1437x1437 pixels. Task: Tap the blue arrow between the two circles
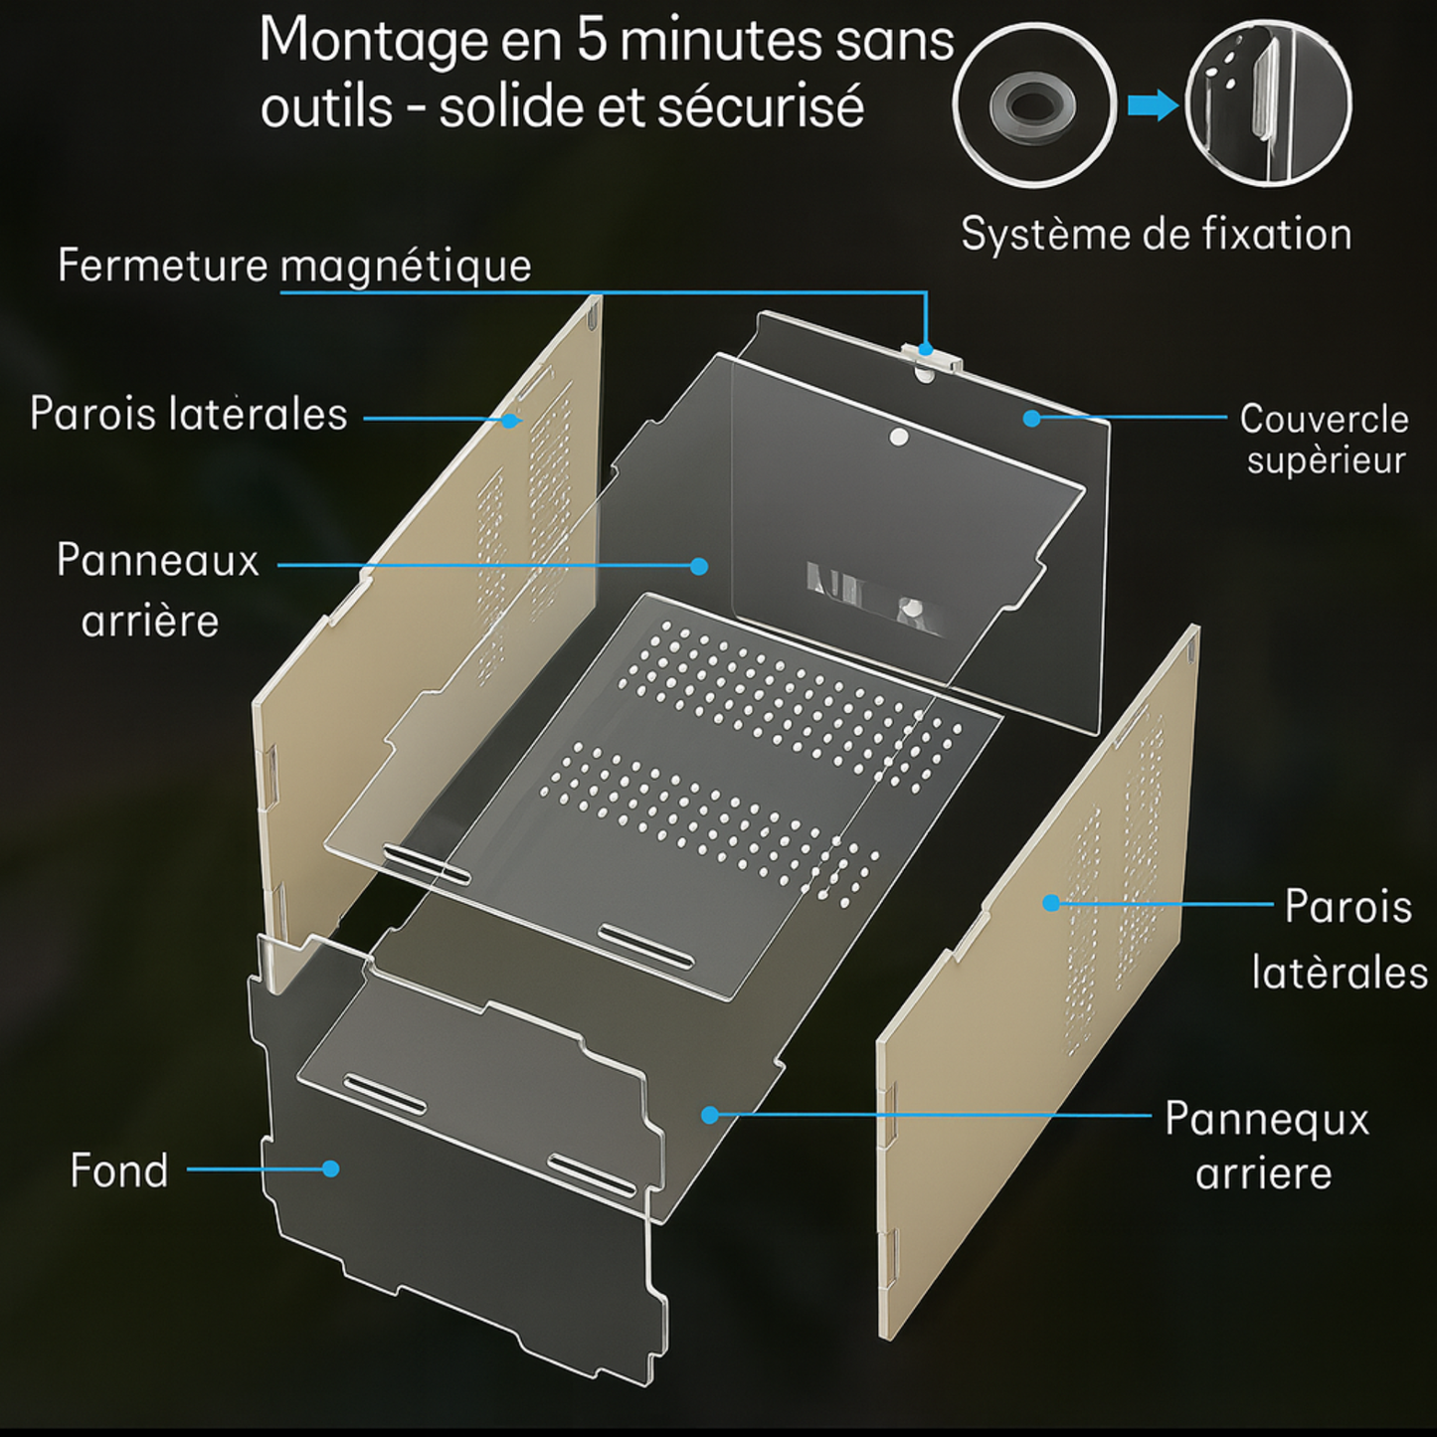click(x=1153, y=105)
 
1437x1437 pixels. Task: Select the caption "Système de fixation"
click(x=1156, y=234)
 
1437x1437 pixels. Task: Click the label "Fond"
click(x=119, y=1170)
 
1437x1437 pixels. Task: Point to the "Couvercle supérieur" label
click(x=1325, y=439)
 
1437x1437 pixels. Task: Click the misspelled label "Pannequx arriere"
click(x=1267, y=1146)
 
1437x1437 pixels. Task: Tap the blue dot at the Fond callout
click(x=330, y=1168)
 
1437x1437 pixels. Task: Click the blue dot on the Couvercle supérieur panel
click(x=1031, y=419)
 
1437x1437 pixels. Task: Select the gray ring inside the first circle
click(x=1033, y=105)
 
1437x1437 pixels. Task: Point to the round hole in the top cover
click(x=899, y=437)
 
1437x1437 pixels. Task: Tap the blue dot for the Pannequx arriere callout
click(x=710, y=1115)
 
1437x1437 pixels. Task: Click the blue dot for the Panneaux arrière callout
click(x=699, y=567)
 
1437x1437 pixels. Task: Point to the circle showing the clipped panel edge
click(x=1269, y=103)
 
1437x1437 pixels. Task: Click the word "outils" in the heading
click(x=326, y=106)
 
